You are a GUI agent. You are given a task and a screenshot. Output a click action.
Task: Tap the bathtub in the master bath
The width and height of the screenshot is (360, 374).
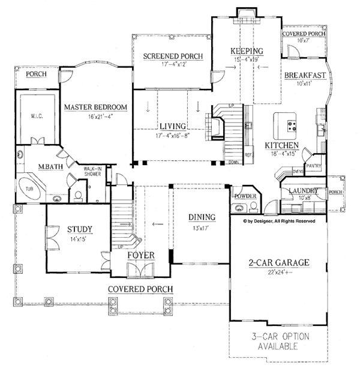click(31, 188)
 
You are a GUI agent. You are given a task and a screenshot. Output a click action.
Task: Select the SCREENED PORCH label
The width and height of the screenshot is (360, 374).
click(172, 56)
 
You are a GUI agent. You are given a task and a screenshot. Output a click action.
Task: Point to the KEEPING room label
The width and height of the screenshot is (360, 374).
click(247, 51)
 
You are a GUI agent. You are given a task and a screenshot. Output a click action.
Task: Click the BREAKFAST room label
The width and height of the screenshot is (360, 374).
click(305, 75)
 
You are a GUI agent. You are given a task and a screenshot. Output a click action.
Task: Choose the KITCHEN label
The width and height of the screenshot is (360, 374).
click(282, 146)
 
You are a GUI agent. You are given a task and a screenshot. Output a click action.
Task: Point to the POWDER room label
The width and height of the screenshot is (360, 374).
click(246, 196)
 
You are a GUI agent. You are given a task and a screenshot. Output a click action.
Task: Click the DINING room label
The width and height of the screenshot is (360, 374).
click(201, 218)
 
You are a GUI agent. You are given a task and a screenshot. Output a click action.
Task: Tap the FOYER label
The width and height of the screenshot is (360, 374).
click(142, 256)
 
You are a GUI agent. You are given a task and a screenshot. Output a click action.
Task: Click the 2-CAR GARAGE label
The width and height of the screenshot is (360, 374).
click(278, 262)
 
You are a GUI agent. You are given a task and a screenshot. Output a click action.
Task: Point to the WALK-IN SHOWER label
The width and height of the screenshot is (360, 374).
click(91, 171)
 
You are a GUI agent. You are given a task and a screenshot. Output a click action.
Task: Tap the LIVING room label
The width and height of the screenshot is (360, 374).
click(172, 126)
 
